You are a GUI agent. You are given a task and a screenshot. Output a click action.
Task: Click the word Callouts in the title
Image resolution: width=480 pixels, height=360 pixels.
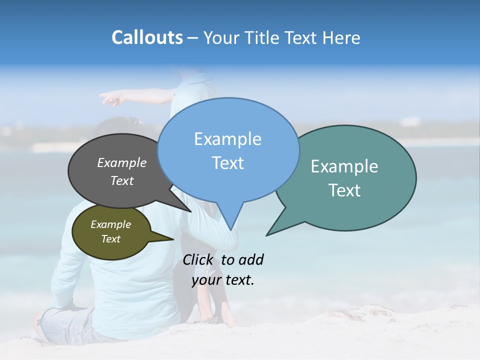pos(147,37)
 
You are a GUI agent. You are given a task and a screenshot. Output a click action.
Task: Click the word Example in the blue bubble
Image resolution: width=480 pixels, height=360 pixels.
pos(227,139)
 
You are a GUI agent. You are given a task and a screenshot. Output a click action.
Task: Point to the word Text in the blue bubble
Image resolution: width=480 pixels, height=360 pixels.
pos(227,163)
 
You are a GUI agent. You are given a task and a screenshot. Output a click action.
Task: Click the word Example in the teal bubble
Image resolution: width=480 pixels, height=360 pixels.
pos(344,166)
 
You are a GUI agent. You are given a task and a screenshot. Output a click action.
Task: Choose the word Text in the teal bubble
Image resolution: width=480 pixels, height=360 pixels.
pos(344,190)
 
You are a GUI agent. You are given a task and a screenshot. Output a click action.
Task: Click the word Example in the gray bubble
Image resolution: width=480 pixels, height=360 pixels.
pos(122,162)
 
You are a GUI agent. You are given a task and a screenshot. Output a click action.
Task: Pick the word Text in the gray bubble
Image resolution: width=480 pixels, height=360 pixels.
pos(122,180)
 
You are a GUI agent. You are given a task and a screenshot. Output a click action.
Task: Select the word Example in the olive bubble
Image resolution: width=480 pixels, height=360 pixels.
pos(110,224)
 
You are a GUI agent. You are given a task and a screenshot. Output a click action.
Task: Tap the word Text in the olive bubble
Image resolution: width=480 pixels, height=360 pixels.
pos(110,239)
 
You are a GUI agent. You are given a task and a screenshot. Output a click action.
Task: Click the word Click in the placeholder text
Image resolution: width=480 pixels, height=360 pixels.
pos(198,259)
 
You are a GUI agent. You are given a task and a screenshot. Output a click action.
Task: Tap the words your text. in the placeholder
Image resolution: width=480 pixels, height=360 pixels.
pos(223,280)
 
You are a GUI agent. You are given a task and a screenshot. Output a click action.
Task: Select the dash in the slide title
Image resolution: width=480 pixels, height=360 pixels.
pos(193,38)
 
